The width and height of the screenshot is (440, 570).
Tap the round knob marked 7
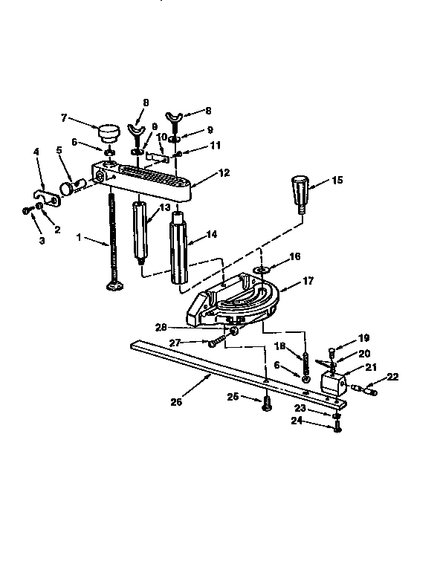pos(109,134)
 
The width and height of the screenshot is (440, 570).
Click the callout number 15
pos(337,181)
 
